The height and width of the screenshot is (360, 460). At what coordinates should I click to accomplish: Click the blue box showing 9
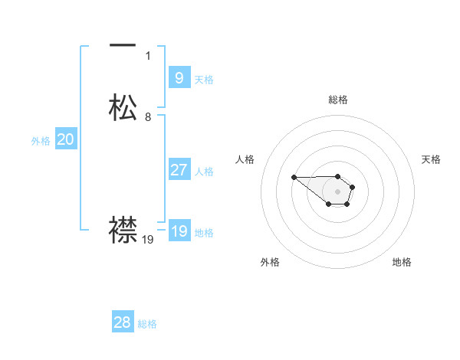[179, 77]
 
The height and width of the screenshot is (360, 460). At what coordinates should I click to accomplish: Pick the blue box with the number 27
[179, 170]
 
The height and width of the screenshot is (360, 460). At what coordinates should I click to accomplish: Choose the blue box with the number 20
[66, 139]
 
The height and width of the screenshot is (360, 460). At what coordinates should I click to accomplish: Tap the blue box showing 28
[123, 322]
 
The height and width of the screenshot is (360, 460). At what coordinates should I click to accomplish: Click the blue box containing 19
[179, 231]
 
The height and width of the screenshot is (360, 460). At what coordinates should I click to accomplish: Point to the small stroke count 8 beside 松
[148, 117]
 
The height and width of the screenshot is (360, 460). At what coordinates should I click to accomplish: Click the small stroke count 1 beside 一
[148, 56]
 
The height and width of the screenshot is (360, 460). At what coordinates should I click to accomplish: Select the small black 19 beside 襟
[148, 240]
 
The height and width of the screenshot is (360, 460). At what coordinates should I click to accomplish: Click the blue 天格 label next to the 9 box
[204, 79]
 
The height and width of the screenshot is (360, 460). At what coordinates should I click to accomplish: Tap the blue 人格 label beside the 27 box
[204, 172]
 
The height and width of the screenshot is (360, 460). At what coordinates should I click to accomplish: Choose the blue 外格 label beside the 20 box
[41, 141]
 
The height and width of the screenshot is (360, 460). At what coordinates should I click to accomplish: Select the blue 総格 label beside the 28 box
[147, 324]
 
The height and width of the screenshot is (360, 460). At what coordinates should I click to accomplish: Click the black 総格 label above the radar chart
[338, 100]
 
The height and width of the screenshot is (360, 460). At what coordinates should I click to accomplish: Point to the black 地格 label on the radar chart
[402, 262]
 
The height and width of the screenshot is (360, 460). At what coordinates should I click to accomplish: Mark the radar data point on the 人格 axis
[294, 178]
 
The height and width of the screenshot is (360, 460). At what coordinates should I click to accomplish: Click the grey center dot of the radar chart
[338, 191]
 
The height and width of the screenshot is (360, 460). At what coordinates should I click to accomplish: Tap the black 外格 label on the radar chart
[270, 262]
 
